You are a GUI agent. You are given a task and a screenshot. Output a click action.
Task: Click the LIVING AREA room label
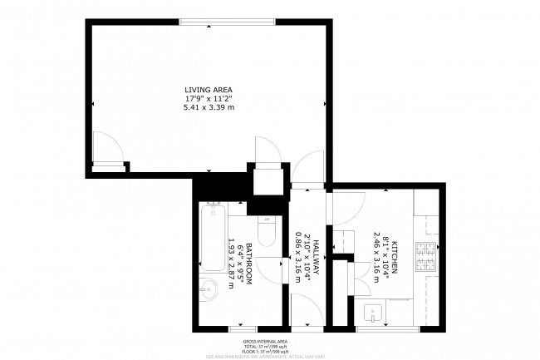pos(209,89)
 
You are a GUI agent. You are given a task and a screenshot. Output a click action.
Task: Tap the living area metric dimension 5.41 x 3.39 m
pos(209,107)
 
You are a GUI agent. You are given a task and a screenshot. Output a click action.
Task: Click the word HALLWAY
pos(317,257)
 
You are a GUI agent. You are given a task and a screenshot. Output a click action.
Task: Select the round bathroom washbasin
pos(209,291)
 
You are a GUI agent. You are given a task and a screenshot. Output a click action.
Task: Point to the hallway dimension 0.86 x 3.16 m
pos(298,257)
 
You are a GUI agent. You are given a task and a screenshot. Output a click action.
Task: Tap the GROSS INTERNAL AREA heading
pos(265,342)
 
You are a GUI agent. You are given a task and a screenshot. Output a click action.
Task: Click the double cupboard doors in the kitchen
pos(362,278)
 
